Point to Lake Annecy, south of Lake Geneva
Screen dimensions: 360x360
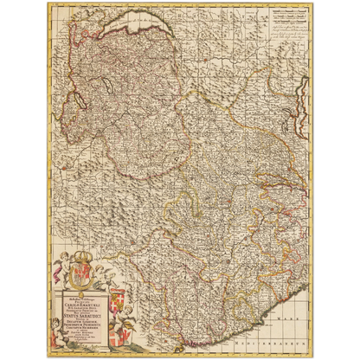[100, 87]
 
